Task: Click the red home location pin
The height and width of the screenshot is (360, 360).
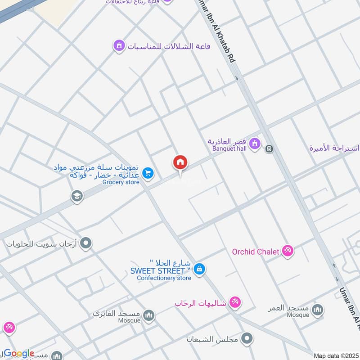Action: coord(180,162)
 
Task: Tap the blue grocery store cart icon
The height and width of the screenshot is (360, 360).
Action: coord(147,173)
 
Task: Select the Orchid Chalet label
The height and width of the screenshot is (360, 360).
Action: coord(256,252)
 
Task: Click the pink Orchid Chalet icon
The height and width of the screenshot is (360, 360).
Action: coord(288,251)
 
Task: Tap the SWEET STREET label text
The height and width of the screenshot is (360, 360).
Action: coord(157,271)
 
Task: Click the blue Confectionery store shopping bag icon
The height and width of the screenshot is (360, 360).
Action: coord(200,269)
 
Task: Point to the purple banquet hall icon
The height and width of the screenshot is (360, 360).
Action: coord(255,144)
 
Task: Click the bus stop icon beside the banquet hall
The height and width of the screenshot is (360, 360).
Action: coord(269,148)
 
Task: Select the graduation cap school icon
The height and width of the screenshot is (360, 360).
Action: coord(77,196)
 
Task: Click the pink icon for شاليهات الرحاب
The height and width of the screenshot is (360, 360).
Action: coord(234,302)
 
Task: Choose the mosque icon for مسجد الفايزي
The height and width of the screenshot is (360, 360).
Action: coord(148,315)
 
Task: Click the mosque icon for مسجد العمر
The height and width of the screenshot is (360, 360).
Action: coord(318,310)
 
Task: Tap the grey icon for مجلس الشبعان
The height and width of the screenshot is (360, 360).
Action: coord(247,338)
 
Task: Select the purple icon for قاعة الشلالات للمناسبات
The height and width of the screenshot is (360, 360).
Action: coord(119,45)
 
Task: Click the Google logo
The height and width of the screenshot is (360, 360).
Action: coord(19,353)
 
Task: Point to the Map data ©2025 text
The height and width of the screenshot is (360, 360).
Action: coord(335,356)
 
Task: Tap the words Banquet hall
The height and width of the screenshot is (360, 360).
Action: coord(227,148)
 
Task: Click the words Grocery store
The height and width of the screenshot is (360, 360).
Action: coord(121,182)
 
